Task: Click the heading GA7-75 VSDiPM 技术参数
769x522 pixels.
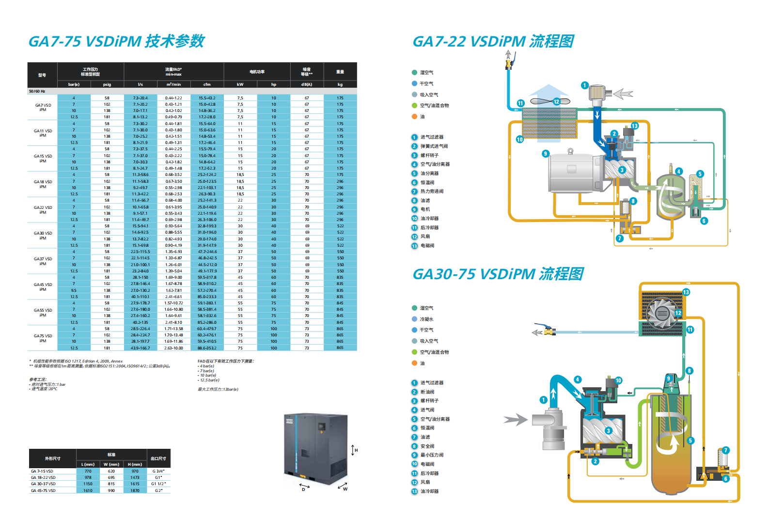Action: pos(116,41)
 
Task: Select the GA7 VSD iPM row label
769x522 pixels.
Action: pos(43,107)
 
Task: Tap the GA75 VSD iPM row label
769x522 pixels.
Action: pos(43,338)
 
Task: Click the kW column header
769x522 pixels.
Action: pos(240,84)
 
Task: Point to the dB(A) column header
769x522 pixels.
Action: pos(307,84)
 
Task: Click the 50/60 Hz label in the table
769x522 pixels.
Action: pos(37,91)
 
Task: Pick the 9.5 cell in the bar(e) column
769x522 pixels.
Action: pos(74,290)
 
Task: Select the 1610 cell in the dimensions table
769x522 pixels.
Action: pos(88,490)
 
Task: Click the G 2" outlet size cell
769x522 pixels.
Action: pos(158,490)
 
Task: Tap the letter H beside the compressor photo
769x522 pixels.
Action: pos(356,450)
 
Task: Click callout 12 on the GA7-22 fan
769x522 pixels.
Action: pos(556,102)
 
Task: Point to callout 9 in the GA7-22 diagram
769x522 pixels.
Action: pos(546,154)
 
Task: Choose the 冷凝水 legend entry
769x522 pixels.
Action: pos(426,319)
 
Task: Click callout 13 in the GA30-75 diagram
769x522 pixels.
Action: pos(686,292)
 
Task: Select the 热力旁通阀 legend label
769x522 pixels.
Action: pos(432,191)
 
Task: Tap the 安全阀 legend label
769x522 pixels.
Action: pos(427,446)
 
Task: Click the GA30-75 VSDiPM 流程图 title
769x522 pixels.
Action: pos(498,274)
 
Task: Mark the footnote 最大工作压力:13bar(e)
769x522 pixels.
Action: pos(218,389)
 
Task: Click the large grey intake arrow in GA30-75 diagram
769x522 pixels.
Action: pos(515,419)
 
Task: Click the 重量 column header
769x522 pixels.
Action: pos(340,72)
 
